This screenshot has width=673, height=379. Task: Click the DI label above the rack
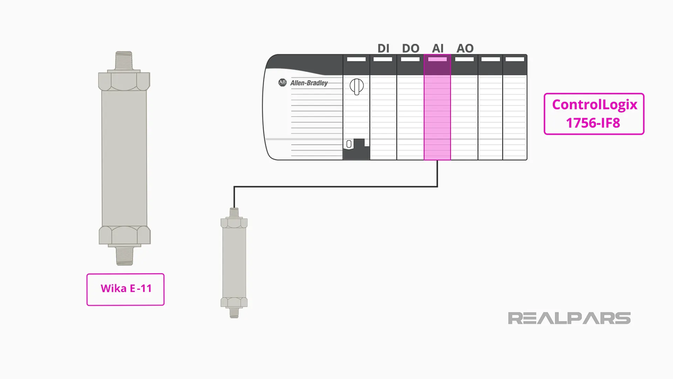coord(383,48)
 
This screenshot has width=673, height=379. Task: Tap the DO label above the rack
coord(410,48)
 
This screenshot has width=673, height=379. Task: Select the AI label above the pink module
coord(437,48)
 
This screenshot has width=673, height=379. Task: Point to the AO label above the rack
coord(465,48)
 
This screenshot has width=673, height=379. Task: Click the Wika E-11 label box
coord(125,289)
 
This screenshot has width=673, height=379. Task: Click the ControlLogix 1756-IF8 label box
coord(594,114)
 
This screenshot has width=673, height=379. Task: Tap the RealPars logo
coord(569,318)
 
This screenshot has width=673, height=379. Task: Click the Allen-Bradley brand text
coord(309,83)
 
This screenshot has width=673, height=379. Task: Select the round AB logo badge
coord(283,82)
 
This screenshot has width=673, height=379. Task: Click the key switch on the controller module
coord(356,86)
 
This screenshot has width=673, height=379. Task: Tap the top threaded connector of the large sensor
coord(124,61)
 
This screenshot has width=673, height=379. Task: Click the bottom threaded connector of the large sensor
coord(124,256)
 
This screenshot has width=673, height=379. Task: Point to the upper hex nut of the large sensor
coord(124,81)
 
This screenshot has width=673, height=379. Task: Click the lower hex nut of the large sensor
coord(124,235)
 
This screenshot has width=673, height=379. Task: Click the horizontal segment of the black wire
coord(333,187)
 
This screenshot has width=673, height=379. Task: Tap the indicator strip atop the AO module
coord(464,59)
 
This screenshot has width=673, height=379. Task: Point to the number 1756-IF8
coord(593,123)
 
